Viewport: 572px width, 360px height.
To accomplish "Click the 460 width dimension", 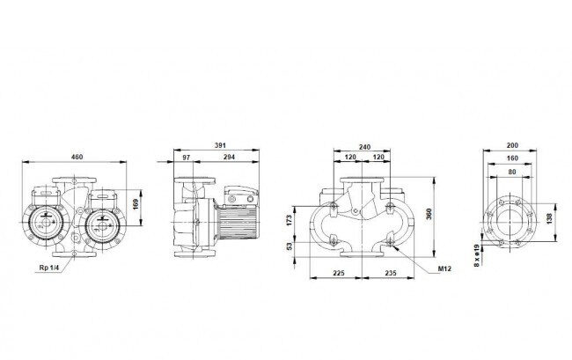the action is point(77,157).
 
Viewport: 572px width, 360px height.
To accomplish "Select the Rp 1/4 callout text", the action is point(48,268).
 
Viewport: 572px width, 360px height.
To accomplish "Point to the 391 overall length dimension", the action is point(220,145).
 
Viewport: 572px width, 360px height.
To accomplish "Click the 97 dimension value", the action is point(186,158).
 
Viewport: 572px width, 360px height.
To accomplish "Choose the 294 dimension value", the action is point(229,158).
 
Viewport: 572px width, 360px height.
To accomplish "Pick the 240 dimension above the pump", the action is point(364,147).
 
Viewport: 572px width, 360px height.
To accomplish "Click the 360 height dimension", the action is point(429,214).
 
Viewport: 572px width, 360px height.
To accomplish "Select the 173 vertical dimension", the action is point(289,220).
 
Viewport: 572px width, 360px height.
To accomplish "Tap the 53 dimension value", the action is point(290,246).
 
